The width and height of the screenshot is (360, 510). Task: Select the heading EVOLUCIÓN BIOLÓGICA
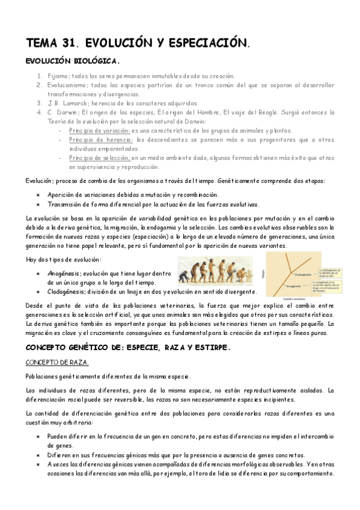click(73, 61)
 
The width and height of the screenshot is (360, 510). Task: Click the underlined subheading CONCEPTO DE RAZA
click(56, 363)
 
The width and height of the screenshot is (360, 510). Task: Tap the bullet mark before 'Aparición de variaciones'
click(38, 195)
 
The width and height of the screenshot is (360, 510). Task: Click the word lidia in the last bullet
click(239, 474)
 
